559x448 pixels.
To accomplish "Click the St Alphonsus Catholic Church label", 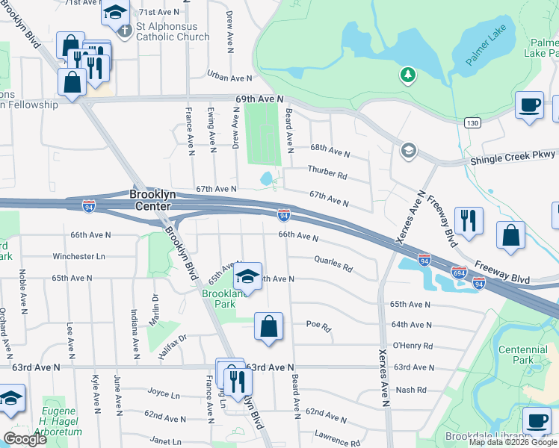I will (x=173, y=31).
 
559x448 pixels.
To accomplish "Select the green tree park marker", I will (x=407, y=75).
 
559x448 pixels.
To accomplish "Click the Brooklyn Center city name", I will (x=152, y=194).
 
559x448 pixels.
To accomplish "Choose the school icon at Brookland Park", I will (x=247, y=278).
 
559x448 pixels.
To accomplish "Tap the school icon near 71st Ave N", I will (x=114, y=13).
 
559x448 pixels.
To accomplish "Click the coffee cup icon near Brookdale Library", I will (x=537, y=420).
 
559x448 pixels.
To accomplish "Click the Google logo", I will (x=25, y=439).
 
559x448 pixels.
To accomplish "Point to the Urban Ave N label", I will (x=229, y=78).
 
